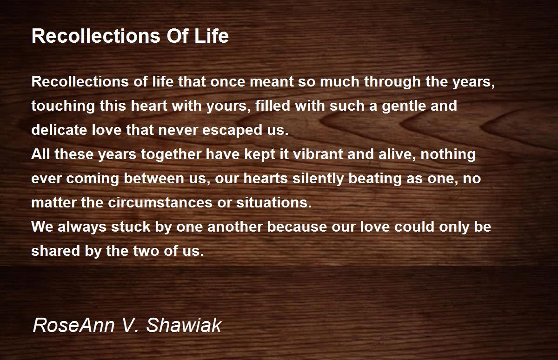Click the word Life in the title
click(212, 36)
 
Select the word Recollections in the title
click(96, 36)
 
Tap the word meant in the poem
click(272, 81)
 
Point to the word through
click(392, 82)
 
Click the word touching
click(63, 107)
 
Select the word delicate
click(60, 130)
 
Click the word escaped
click(232, 131)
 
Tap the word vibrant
click(318, 154)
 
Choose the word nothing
click(448, 155)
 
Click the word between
click(154, 179)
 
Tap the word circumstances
click(160, 202)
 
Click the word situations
click(274, 202)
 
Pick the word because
click(297, 227)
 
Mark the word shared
click(55, 251)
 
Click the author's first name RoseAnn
click(74, 325)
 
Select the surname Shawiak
click(184, 325)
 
